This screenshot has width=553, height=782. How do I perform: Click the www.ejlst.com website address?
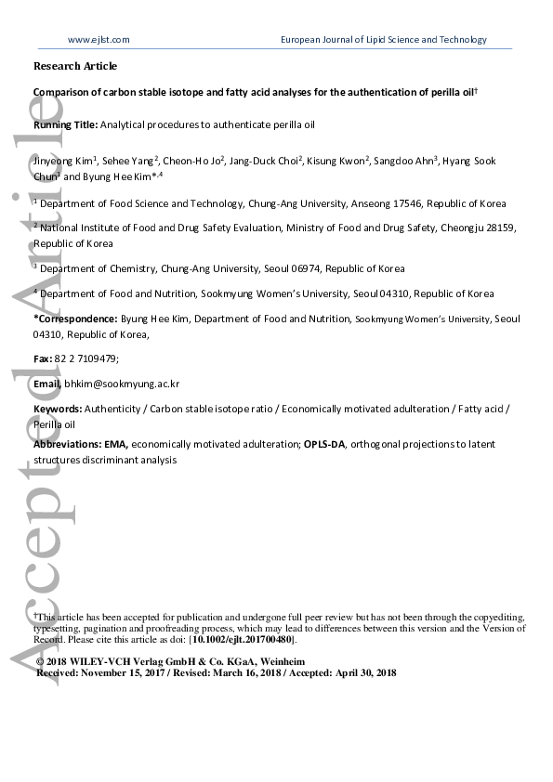[99, 40]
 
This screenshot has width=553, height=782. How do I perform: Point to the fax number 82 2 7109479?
[86, 358]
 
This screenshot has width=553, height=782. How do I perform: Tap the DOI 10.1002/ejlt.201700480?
[252, 641]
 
